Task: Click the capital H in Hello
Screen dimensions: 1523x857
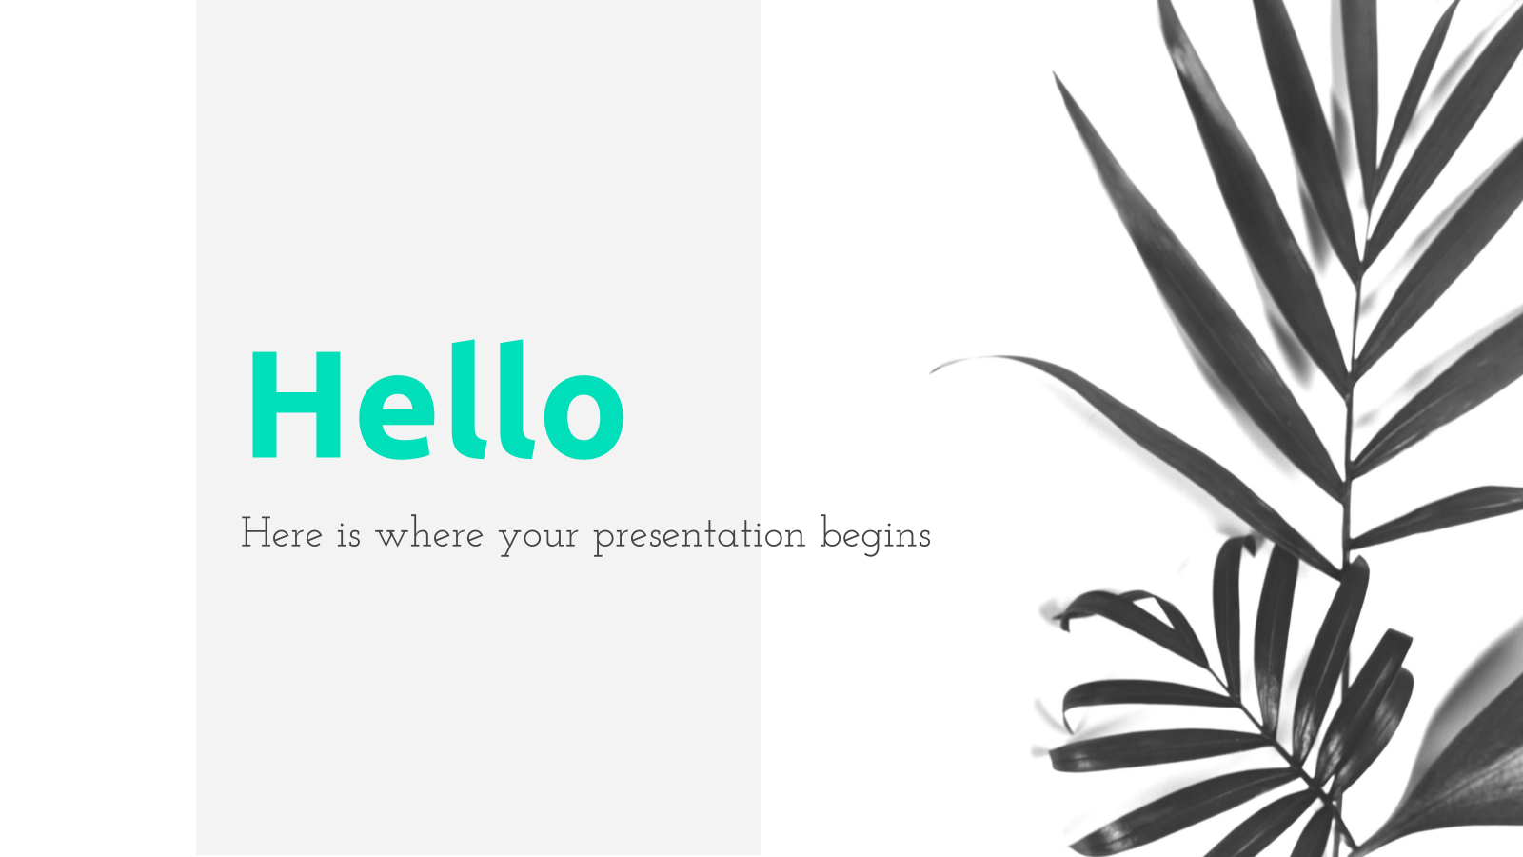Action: (x=296, y=405)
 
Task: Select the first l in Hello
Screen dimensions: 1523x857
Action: (x=469, y=399)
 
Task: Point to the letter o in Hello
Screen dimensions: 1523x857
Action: (x=584, y=418)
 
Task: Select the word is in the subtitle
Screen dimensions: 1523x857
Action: (x=348, y=533)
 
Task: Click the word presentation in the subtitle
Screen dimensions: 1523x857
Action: (x=699, y=537)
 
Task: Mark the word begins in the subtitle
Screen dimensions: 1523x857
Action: (x=876, y=535)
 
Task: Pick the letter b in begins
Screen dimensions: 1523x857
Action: (x=831, y=532)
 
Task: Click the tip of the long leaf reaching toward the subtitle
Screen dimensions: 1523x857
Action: (x=932, y=371)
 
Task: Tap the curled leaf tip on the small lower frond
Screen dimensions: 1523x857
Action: (x=1064, y=620)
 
